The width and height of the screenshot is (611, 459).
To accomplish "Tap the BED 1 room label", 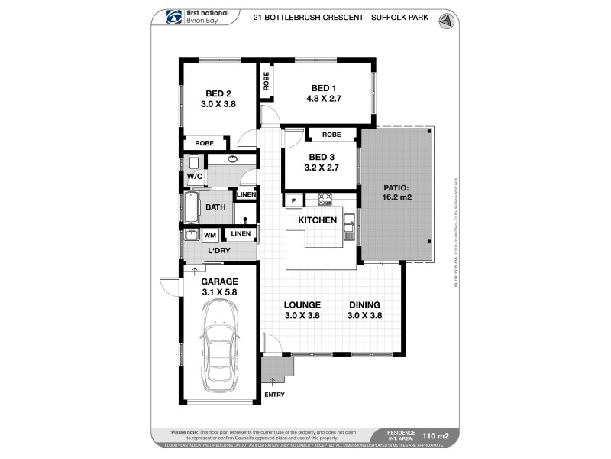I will pyautogui.click(x=323, y=87).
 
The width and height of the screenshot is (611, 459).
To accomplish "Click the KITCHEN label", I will pyautogui.click(x=317, y=220).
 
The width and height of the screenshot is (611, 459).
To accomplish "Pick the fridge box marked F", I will pyautogui.click(x=292, y=200).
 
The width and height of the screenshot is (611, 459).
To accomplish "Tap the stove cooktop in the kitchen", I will pyautogui.click(x=324, y=200).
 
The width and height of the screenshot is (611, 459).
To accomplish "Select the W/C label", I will pyautogui.click(x=194, y=176).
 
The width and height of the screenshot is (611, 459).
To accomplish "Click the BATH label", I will pyautogui.click(x=215, y=207).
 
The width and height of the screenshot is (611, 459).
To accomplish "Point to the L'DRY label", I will pyautogui.click(x=220, y=250).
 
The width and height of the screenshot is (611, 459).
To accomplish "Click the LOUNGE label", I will pyautogui.click(x=302, y=304).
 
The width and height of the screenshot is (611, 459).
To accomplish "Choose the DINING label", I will pyautogui.click(x=364, y=304).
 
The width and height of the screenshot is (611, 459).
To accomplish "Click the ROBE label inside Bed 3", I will pyautogui.click(x=331, y=135).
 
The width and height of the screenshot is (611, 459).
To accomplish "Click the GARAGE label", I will pyautogui.click(x=219, y=281).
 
